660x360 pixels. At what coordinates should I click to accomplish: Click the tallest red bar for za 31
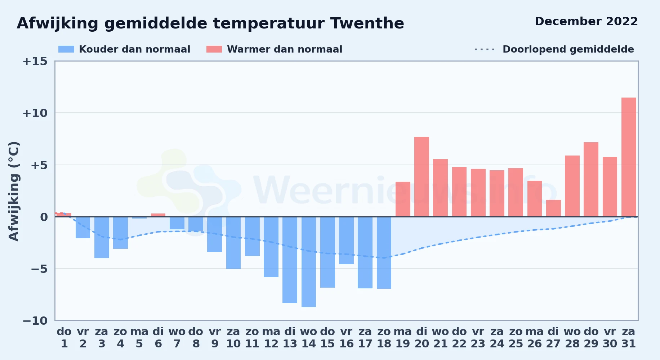[629, 157]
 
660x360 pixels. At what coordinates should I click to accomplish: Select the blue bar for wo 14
[309, 262]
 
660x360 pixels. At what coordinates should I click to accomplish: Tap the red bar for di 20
[422, 177]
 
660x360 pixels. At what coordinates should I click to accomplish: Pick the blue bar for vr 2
[83, 228]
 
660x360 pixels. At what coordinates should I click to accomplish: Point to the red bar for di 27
[553, 208]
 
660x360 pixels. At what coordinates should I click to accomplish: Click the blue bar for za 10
[233, 243]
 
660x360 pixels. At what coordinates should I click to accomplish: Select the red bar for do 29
[591, 179]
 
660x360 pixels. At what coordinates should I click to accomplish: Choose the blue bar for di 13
[290, 260]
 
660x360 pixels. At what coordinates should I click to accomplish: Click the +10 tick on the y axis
[35, 113]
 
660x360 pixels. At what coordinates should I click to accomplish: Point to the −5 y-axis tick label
[35, 269]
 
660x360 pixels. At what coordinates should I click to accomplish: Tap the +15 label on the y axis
[35, 61]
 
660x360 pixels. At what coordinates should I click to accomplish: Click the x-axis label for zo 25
[516, 338]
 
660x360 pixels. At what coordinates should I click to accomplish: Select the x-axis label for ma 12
[271, 338]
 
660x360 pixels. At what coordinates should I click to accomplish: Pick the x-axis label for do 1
[64, 338]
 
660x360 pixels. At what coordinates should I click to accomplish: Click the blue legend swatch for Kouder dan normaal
[66, 49]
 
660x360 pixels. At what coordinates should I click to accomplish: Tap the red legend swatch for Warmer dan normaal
[214, 49]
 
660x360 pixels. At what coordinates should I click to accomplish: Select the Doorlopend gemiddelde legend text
[568, 49]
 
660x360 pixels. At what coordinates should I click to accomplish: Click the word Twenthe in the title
[367, 23]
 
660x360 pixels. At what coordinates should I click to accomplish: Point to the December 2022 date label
[586, 21]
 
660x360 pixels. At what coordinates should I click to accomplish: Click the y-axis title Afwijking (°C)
[14, 191]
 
